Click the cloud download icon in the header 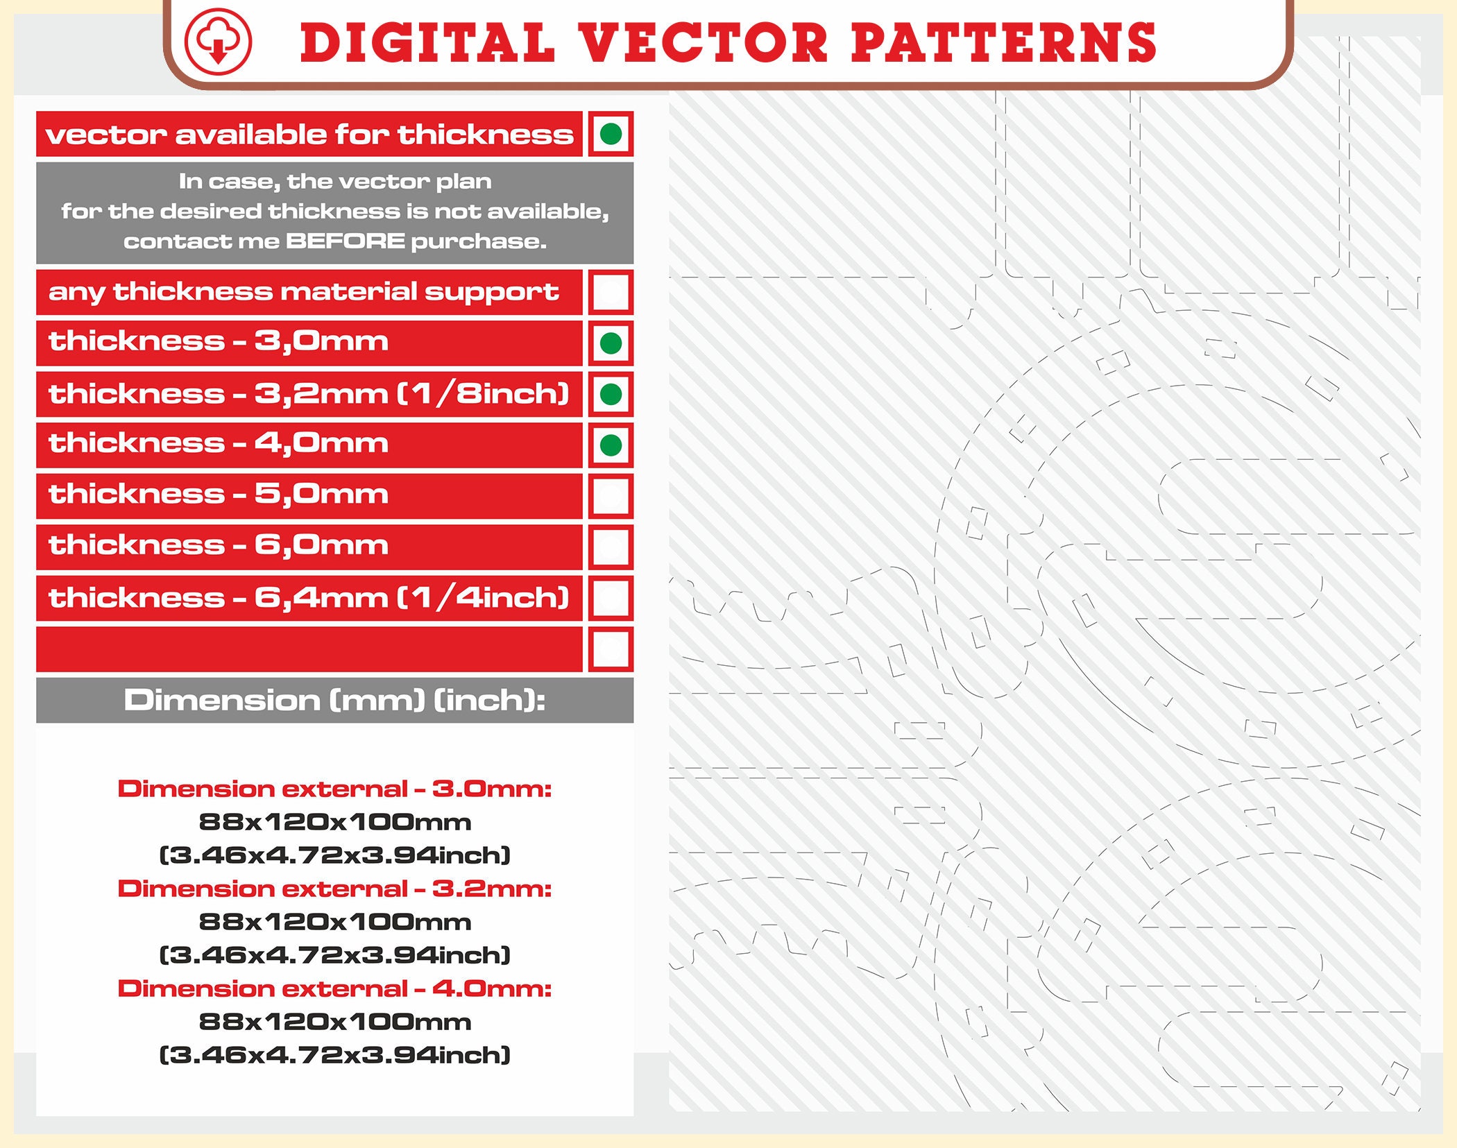(218, 42)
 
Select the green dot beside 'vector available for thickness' (611, 134)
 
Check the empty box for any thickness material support (611, 292)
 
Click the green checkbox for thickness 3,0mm (611, 343)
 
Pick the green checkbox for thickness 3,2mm (611, 394)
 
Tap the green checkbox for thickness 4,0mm (611, 445)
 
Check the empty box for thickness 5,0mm (611, 496)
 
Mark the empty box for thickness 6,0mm (611, 547)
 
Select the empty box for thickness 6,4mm (611, 598)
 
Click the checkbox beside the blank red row (611, 649)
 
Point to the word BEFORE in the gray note (346, 241)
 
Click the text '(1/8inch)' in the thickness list (483, 393)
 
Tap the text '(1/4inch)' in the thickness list (483, 597)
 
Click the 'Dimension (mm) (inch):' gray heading (334, 700)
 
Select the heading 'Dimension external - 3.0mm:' (334, 789)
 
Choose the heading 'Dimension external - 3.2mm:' (334, 889)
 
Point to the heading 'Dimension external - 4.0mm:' (334, 988)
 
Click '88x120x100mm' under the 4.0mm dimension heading (334, 1022)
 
